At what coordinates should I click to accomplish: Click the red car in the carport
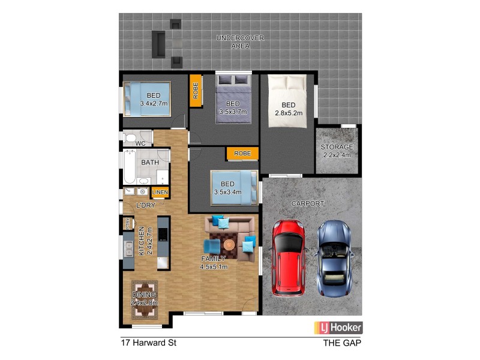tap(289, 257)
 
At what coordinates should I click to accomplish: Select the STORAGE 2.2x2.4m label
tap(337, 151)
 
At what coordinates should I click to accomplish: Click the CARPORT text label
tap(308, 204)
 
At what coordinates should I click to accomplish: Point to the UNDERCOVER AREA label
tap(240, 42)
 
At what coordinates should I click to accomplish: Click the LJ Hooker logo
tap(338, 328)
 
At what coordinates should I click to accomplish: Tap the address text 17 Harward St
tap(147, 344)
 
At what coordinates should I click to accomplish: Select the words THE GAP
tap(341, 344)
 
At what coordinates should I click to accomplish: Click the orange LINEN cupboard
tap(160, 192)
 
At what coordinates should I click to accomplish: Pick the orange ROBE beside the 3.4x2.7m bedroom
tap(196, 90)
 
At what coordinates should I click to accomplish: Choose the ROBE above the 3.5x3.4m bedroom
tap(242, 154)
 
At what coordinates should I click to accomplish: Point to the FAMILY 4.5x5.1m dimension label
tap(214, 263)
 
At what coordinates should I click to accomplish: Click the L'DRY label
tap(146, 206)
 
